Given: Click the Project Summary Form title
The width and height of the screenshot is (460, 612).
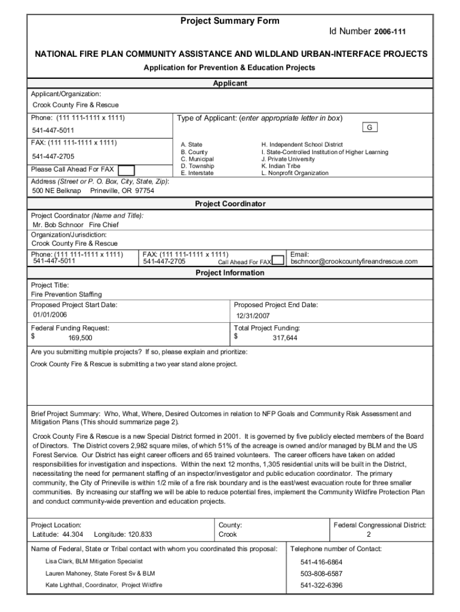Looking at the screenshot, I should point(230,21).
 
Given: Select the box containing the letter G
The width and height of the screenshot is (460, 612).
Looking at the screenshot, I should point(370,128).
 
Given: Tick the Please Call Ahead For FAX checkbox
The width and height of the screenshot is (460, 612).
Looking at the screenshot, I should point(126,170).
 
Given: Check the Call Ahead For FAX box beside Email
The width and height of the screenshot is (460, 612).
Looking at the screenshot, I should point(278,261).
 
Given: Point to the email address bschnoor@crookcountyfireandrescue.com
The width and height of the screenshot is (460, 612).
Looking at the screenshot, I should point(354,262).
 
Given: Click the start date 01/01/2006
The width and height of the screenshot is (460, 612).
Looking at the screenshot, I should point(50,315).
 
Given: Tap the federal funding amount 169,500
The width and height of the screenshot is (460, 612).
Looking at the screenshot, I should point(80,338).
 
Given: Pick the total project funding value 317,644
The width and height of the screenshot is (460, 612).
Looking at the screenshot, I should point(285,338).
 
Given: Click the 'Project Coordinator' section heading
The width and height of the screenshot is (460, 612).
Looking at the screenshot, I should point(230,204).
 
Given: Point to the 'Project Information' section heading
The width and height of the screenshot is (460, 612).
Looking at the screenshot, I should point(230,273).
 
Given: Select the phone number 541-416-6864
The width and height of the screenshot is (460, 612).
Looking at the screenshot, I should point(321,562).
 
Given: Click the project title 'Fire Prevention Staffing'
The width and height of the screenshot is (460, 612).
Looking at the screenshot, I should point(66,295).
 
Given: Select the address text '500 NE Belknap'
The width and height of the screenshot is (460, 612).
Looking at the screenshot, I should point(57,191).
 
